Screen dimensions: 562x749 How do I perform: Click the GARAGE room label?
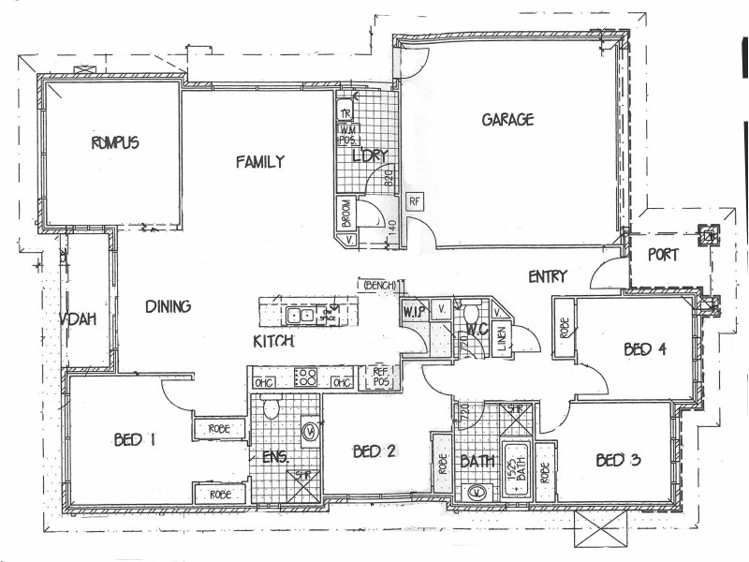pos(507,120)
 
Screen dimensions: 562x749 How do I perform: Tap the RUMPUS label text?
pos(115,143)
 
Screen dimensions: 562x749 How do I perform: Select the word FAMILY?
pos(259,162)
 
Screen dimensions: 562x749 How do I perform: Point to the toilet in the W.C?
pos(472,312)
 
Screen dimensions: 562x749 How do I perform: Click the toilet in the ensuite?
pos(271,407)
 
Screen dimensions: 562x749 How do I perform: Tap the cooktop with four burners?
pos(306,379)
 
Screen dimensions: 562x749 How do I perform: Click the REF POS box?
pos(381,377)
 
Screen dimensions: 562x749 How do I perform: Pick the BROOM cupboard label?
pos(345,214)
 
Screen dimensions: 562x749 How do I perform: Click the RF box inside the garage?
pos(413,200)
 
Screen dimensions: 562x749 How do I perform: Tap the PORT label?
pos(663,254)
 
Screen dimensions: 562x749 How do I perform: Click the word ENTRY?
pos(547,276)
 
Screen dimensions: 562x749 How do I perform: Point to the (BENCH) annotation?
pos(379,284)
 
